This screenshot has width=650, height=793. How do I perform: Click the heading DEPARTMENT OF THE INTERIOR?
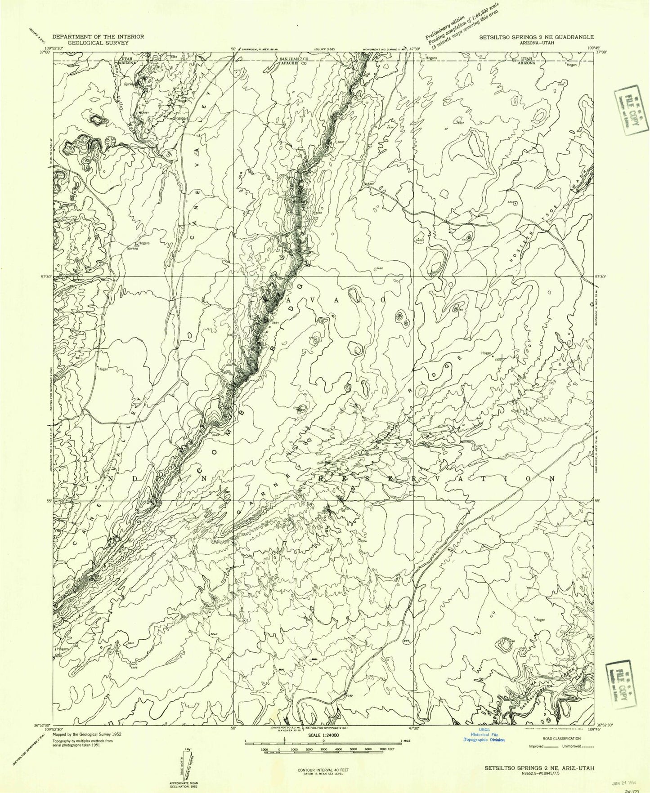point(98,36)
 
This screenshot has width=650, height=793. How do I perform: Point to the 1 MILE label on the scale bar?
point(407,740)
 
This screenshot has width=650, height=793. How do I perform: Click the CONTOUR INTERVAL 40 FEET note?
point(323,770)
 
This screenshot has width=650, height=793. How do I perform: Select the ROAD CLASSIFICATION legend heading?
point(560,738)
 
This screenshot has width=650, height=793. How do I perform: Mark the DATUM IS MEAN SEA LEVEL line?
point(323,774)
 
